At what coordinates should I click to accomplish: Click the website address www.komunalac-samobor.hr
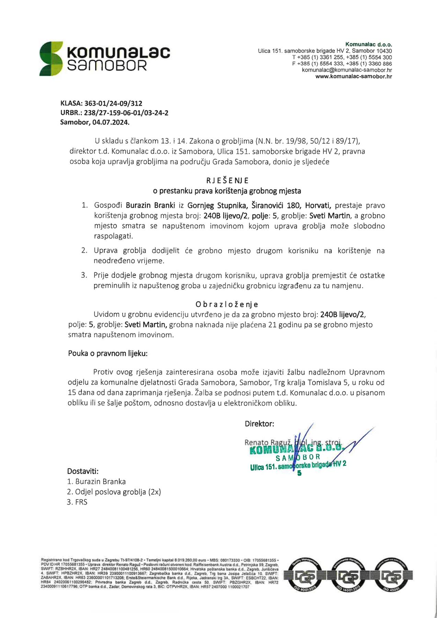click(354, 77)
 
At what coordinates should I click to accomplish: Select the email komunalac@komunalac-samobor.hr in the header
click(347, 70)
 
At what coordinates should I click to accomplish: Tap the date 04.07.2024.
click(111, 122)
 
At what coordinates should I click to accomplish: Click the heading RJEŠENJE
click(227, 181)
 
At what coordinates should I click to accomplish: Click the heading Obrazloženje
click(227, 304)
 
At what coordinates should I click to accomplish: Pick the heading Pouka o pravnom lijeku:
click(108, 353)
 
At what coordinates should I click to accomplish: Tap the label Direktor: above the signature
click(259, 424)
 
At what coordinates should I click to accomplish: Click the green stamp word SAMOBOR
click(298, 457)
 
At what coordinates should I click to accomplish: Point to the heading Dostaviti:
click(83, 471)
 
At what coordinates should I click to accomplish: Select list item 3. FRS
click(77, 502)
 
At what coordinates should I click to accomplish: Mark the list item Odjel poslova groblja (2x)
click(114, 492)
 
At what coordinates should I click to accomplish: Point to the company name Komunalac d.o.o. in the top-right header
click(368, 44)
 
